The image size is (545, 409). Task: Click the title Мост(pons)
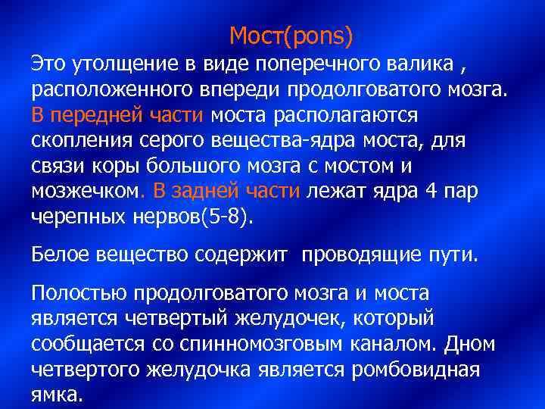pyautogui.click(x=291, y=35)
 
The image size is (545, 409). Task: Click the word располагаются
pyautogui.click(x=353, y=115)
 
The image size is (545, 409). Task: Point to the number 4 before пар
pyautogui.click(x=431, y=192)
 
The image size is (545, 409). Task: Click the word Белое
pyautogui.click(x=61, y=255)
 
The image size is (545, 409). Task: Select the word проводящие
pyautogui.click(x=358, y=255)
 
